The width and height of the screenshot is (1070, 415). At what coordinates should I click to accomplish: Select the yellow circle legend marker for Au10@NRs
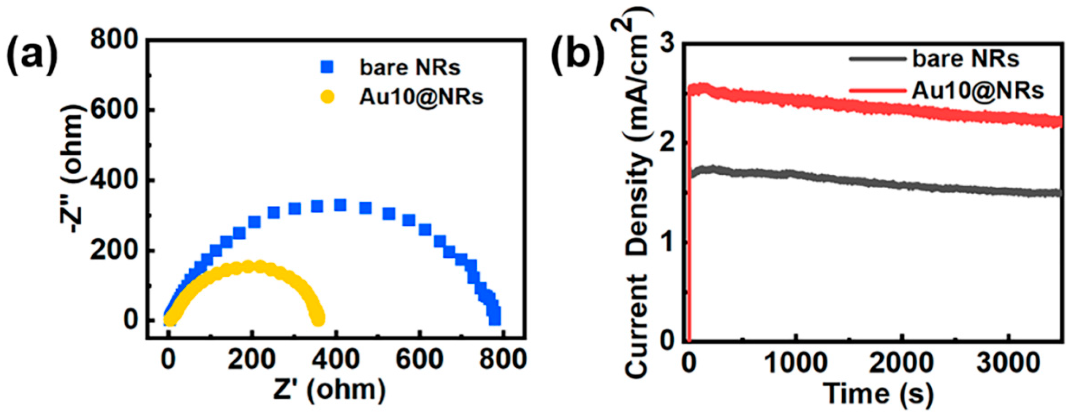(x=327, y=98)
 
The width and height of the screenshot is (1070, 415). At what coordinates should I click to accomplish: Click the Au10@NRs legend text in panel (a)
(x=421, y=97)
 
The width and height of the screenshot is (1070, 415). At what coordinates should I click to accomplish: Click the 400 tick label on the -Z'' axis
(x=114, y=180)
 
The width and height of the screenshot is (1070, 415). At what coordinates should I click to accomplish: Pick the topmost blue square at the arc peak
(x=341, y=205)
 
